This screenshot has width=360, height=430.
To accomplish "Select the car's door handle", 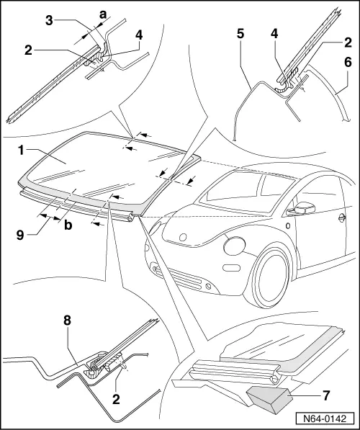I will click(341, 217).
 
